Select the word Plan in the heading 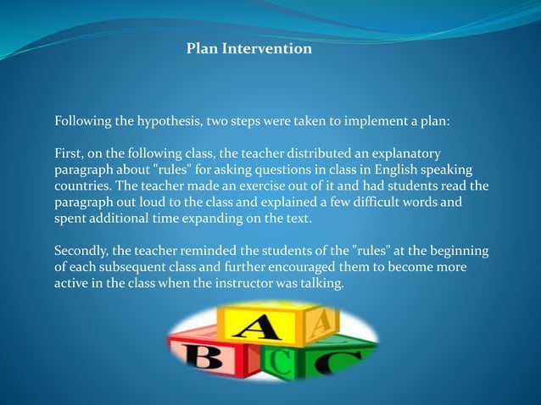(x=202, y=49)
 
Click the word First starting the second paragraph (x=70, y=153)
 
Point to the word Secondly (x=82, y=251)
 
